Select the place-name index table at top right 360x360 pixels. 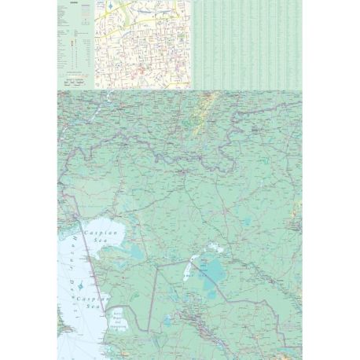[247, 43]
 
